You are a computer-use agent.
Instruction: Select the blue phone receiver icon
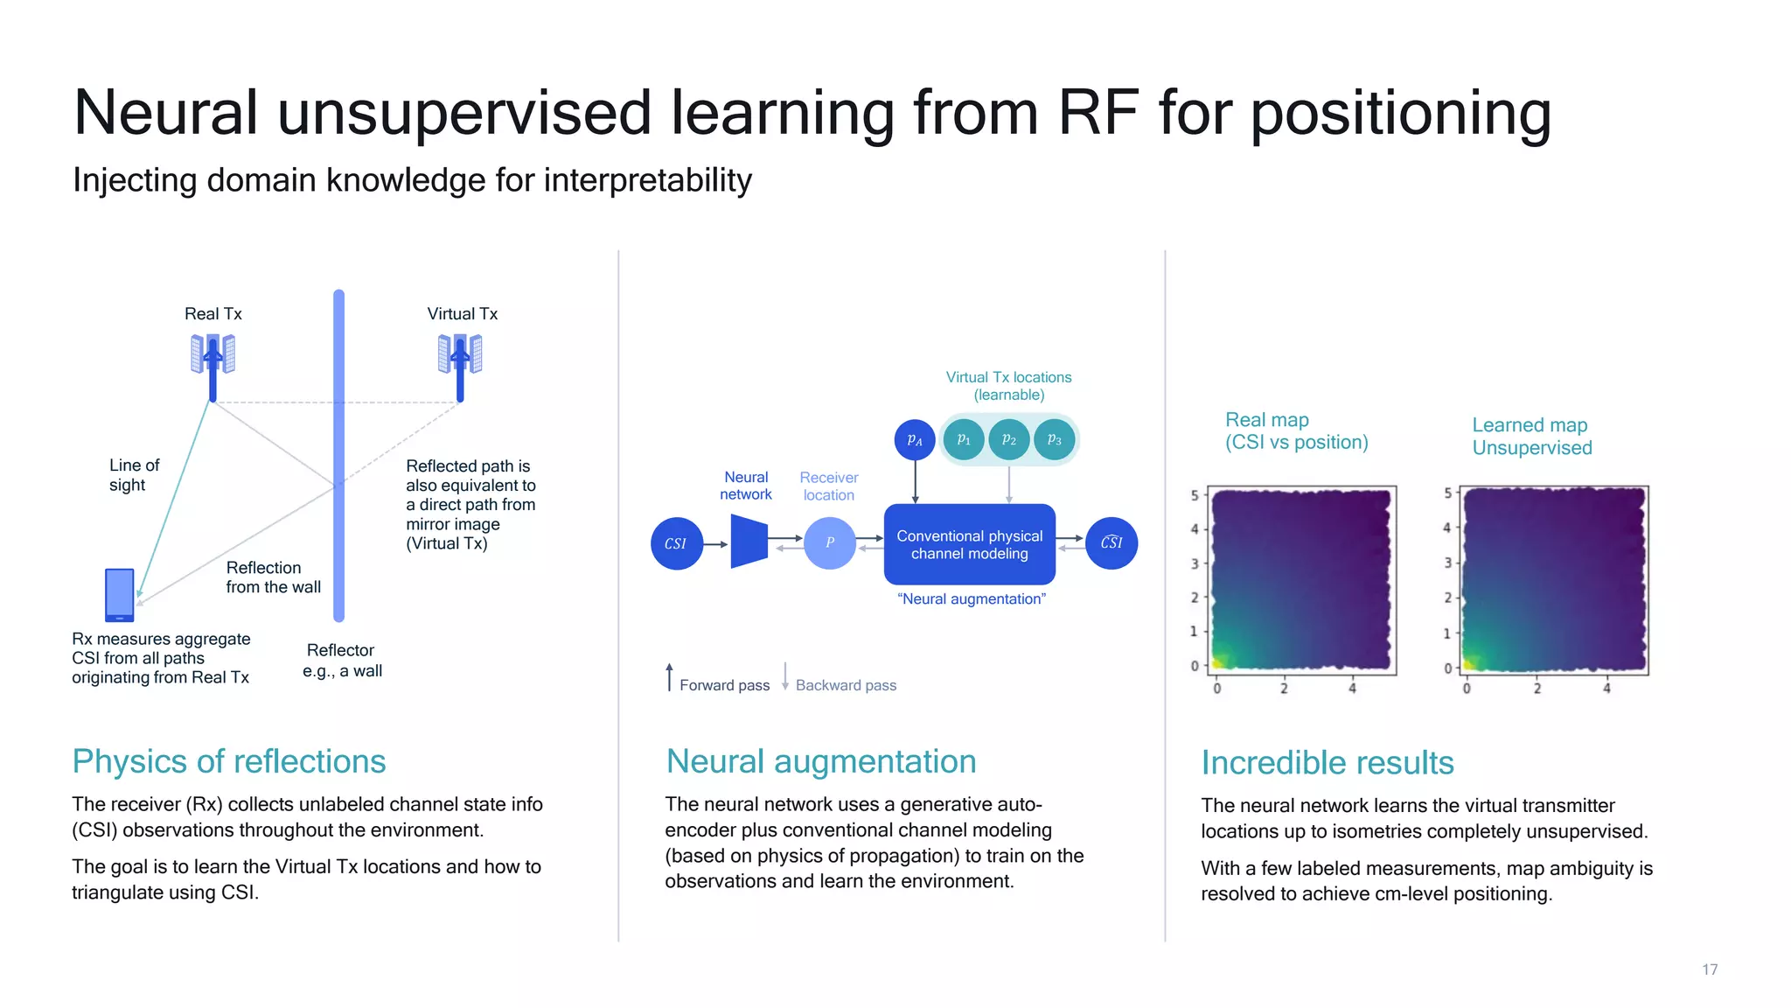pos(119,594)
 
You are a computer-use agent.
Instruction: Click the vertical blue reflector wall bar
pos(338,455)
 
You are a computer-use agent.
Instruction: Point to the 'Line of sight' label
pos(134,475)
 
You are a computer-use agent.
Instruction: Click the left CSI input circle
pos(676,543)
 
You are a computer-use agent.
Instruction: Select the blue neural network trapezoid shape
pos(749,542)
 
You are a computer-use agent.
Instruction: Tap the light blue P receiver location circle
pos(829,542)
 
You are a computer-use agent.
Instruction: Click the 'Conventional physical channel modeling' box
pos(969,544)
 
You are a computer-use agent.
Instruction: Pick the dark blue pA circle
pos(915,439)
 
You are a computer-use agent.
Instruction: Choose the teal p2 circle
pos(1008,439)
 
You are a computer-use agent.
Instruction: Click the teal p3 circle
pos(1054,439)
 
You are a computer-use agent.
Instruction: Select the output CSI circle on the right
pos(1111,542)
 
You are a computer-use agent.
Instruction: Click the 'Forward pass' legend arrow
pos(670,677)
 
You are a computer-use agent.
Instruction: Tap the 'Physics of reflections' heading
pos(229,761)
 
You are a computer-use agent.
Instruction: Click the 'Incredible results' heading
pos(1327,763)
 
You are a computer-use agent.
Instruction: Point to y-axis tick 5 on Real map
pos(1195,495)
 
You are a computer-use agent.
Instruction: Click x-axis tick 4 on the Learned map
pos(1606,689)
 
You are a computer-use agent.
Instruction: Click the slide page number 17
pos(1710,969)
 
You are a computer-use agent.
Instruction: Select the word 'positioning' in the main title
pos(1401,114)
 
